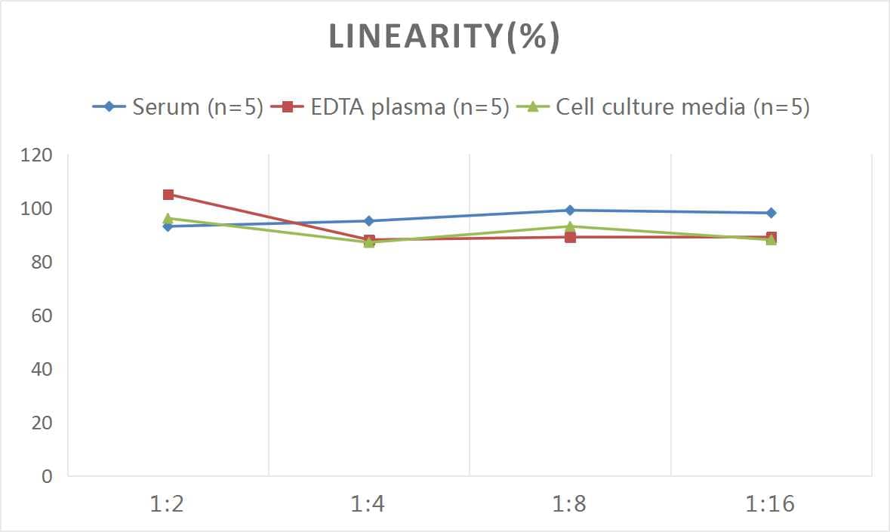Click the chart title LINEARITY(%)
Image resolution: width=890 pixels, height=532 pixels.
pyautogui.click(x=444, y=37)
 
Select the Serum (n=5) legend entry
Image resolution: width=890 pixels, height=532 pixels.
pyautogui.click(x=178, y=107)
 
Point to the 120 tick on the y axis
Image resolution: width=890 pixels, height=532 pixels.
pyautogui.click(x=37, y=155)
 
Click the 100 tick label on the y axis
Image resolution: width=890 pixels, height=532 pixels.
pyautogui.click(x=37, y=209)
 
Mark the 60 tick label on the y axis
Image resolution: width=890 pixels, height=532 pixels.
pyautogui.click(x=41, y=315)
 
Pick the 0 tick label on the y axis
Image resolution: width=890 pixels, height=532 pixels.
pyautogui.click(x=47, y=476)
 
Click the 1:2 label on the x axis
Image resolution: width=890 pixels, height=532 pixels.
pyautogui.click(x=168, y=503)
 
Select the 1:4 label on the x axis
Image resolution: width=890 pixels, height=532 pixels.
pyautogui.click(x=368, y=503)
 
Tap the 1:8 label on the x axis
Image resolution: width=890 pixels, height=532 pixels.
pyautogui.click(x=569, y=503)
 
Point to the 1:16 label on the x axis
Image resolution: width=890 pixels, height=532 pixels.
pyautogui.click(x=771, y=503)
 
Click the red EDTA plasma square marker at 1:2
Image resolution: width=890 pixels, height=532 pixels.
pyautogui.click(x=168, y=195)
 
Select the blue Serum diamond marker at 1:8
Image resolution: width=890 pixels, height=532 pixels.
pyautogui.click(x=570, y=211)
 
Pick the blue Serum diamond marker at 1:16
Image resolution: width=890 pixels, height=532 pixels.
pyautogui.click(x=771, y=213)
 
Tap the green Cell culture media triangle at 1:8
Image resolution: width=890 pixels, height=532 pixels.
pyautogui.click(x=570, y=226)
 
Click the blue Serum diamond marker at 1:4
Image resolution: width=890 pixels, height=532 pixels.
pyautogui.click(x=369, y=221)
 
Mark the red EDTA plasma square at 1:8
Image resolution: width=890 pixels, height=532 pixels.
pyautogui.click(x=570, y=237)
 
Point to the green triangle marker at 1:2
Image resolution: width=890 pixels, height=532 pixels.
pyautogui.click(x=168, y=218)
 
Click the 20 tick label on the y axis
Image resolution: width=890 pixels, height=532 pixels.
pyautogui.click(x=41, y=423)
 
